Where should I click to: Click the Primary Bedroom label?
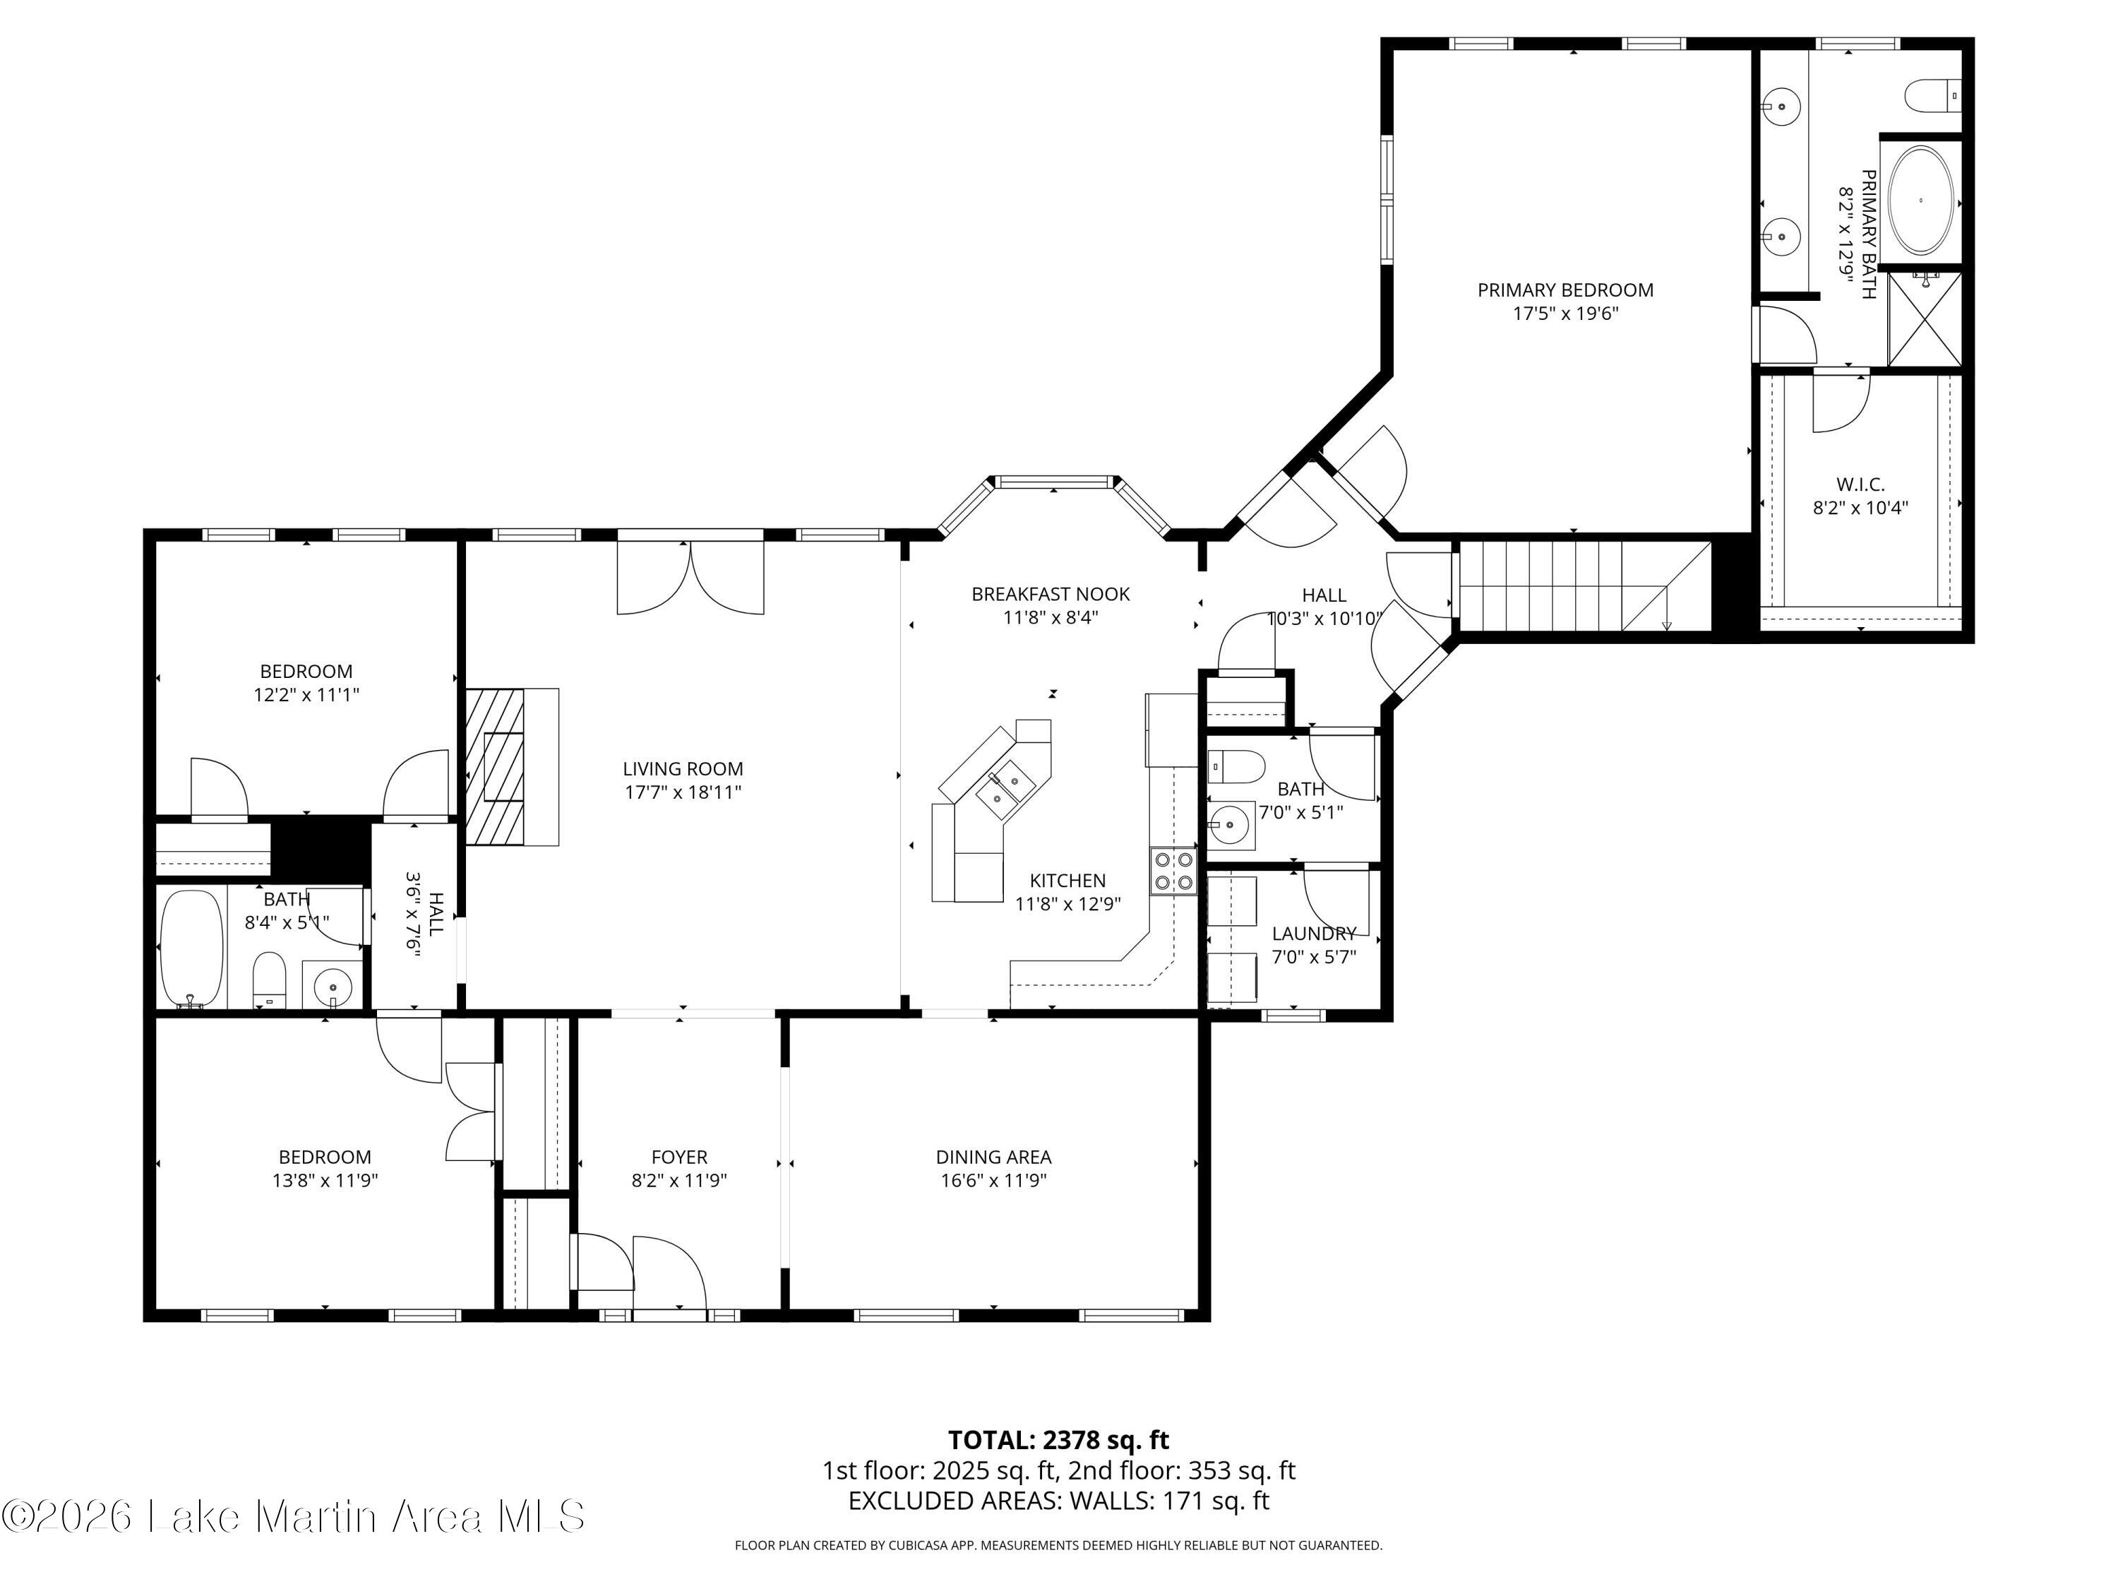pyautogui.click(x=1564, y=290)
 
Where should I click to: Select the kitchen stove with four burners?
pyautogui.click(x=1174, y=871)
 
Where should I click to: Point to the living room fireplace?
pyautogui.click(x=511, y=766)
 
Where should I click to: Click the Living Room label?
pyautogui.click(x=683, y=768)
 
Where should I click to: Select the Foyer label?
pyautogui.click(x=679, y=1157)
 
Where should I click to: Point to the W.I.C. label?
pyautogui.click(x=1860, y=484)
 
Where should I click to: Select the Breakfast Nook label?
pyautogui.click(x=1051, y=594)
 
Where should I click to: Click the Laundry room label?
pyautogui.click(x=1314, y=933)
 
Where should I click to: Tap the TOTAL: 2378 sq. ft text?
pyautogui.click(x=1058, y=1439)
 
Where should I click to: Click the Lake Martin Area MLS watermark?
pyautogui.click(x=293, y=1516)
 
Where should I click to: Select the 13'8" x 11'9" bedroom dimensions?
pyautogui.click(x=325, y=1180)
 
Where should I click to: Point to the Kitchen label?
pyautogui.click(x=1067, y=880)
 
